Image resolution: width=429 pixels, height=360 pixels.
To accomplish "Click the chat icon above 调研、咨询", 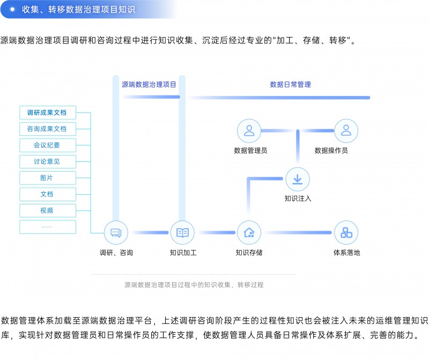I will point(116,233).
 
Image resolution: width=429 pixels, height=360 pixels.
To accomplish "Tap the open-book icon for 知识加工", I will point(182,233).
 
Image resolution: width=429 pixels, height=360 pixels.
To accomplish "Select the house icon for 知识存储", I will point(249,233).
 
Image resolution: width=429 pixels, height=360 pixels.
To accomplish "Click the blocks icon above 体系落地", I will point(346,233).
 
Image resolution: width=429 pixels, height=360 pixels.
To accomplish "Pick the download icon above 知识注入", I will point(297,179).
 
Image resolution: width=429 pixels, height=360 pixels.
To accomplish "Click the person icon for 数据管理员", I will point(249,130).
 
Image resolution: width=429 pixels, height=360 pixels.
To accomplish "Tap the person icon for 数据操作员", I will point(346,130).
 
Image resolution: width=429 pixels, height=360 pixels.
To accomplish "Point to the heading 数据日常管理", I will point(290,84).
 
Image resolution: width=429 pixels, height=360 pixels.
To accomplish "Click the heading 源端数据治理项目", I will point(149,84).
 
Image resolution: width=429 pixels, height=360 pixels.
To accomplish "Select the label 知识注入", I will point(298,199).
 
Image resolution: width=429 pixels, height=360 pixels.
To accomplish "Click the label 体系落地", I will point(346,252).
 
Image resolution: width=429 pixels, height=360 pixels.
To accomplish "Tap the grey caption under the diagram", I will point(194,285).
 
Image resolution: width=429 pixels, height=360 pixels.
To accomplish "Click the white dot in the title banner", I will point(12,9).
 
